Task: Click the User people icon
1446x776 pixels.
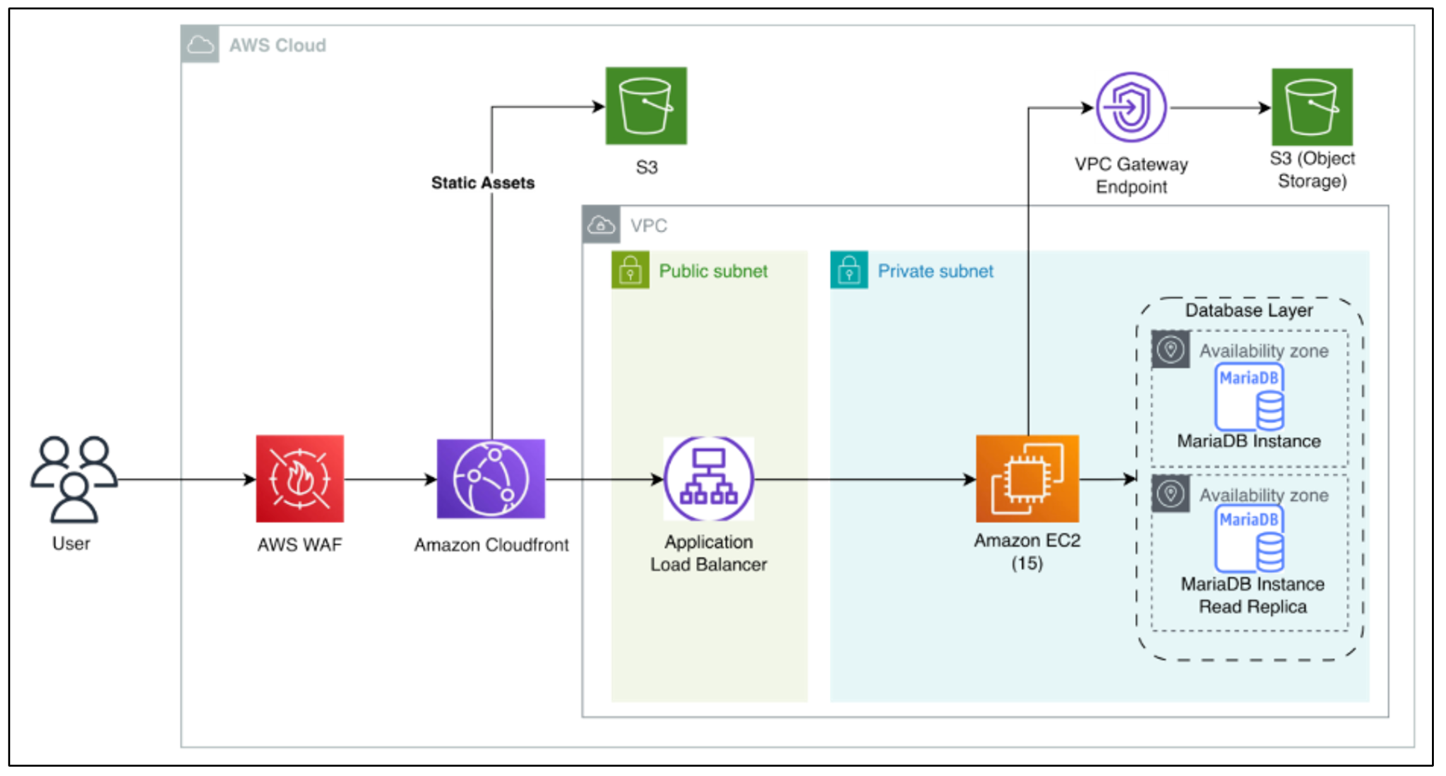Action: (73, 479)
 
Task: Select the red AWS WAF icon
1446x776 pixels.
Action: (300, 479)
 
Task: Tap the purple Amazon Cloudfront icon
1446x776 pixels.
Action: (491, 479)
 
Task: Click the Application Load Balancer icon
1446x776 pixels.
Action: (708, 479)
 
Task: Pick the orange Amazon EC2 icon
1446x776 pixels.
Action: (1027, 479)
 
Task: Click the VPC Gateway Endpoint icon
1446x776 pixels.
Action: (1131, 107)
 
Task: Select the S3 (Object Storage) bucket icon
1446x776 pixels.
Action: (1312, 107)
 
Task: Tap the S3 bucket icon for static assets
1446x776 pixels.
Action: (646, 106)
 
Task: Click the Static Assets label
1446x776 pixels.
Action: (483, 183)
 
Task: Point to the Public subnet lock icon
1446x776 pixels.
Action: (630, 270)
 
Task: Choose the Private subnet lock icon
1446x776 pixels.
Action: (849, 270)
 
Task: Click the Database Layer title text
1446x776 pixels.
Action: (1248, 310)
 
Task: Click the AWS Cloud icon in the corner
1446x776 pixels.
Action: (200, 44)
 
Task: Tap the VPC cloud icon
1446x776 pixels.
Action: (601, 225)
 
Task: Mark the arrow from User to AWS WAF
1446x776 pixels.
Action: (186, 480)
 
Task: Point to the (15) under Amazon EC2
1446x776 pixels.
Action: (1027, 563)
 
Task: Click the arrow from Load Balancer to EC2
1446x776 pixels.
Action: (865, 480)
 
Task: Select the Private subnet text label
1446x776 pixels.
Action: (935, 271)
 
